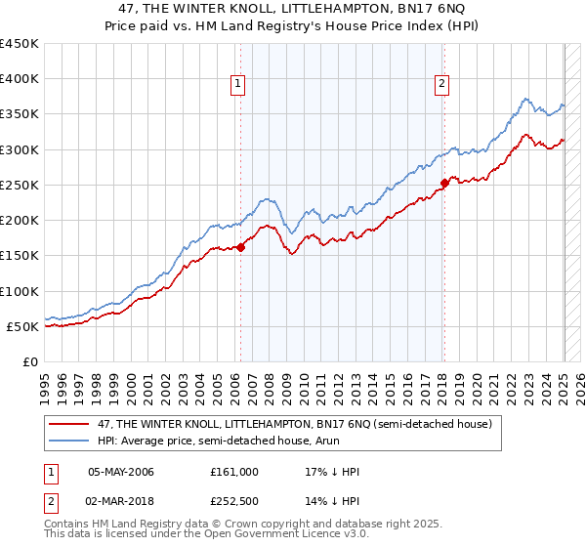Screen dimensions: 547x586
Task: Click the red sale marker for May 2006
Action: (x=240, y=247)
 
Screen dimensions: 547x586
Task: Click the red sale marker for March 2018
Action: (x=444, y=183)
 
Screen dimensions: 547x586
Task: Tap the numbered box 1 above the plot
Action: (x=238, y=84)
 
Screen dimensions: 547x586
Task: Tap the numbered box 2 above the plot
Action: (x=442, y=84)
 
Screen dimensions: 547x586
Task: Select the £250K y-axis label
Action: (x=20, y=185)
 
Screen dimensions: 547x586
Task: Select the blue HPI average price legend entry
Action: (x=230, y=441)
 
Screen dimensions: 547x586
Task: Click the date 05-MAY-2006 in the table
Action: (x=121, y=472)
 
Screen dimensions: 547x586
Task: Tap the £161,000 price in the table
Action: (x=233, y=472)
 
